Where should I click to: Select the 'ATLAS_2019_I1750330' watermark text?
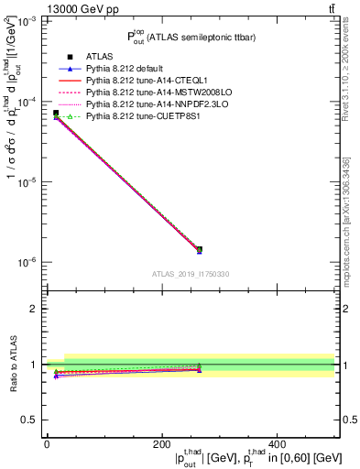pyautogui.click(x=191, y=274)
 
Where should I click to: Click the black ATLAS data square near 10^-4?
pyautogui.click(x=56, y=113)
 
